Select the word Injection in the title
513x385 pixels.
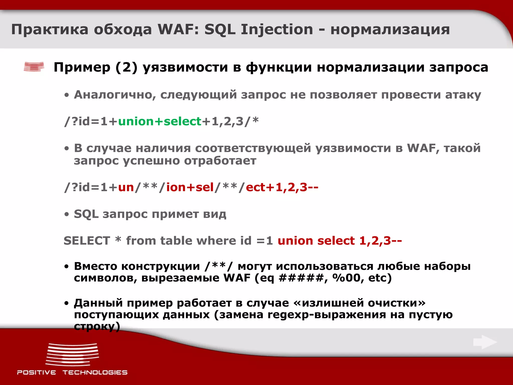[277, 30]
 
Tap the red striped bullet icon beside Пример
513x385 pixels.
[34, 67]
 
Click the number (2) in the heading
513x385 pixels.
[126, 67]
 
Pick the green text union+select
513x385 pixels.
[160, 121]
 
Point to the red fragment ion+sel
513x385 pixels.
[190, 187]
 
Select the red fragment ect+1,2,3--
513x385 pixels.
[282, 187]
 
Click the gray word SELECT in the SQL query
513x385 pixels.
[87, 241]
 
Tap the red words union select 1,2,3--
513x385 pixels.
[339, 241]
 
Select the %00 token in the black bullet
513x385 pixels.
[346, 278]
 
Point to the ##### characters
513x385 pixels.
[301, 278]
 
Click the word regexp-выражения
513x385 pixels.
[327, 315]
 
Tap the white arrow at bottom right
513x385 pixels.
[485, 342]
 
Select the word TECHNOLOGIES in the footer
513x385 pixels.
[95, 372]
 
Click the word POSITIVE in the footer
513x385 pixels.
[37, 372]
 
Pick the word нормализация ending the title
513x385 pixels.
[390, 30]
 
